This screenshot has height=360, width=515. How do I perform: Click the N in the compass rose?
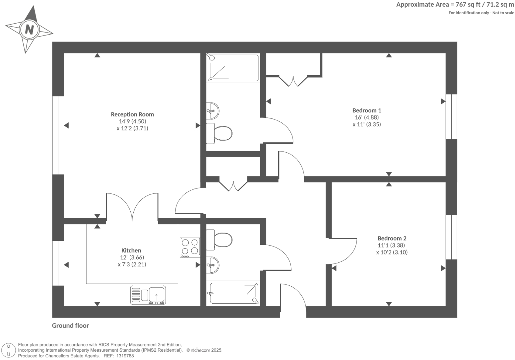pos(29,30)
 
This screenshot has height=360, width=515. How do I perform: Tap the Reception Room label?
pos(132,114)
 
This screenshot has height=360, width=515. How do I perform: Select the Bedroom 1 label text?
pos(366,110)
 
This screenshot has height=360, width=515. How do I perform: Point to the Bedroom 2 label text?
pos(392,238)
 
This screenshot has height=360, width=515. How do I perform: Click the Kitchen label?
pos(131,251)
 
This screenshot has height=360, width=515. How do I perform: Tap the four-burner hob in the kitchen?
pos(190,247)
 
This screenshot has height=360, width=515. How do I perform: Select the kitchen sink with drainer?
pos(148,295)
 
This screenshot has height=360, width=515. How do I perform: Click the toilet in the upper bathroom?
pos(220,134)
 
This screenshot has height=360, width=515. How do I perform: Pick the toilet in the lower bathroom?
pos(220,239)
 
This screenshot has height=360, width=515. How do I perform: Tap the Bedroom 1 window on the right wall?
pos(451,116)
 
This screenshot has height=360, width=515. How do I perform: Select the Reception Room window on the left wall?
pos(58,135)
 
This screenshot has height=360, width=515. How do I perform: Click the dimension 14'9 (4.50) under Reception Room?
pos(132,121)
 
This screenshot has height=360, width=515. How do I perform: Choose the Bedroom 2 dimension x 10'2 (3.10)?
pos(392,252)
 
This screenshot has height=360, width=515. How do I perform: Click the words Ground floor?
pos(70,325)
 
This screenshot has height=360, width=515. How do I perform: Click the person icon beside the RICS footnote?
pos(9,350)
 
